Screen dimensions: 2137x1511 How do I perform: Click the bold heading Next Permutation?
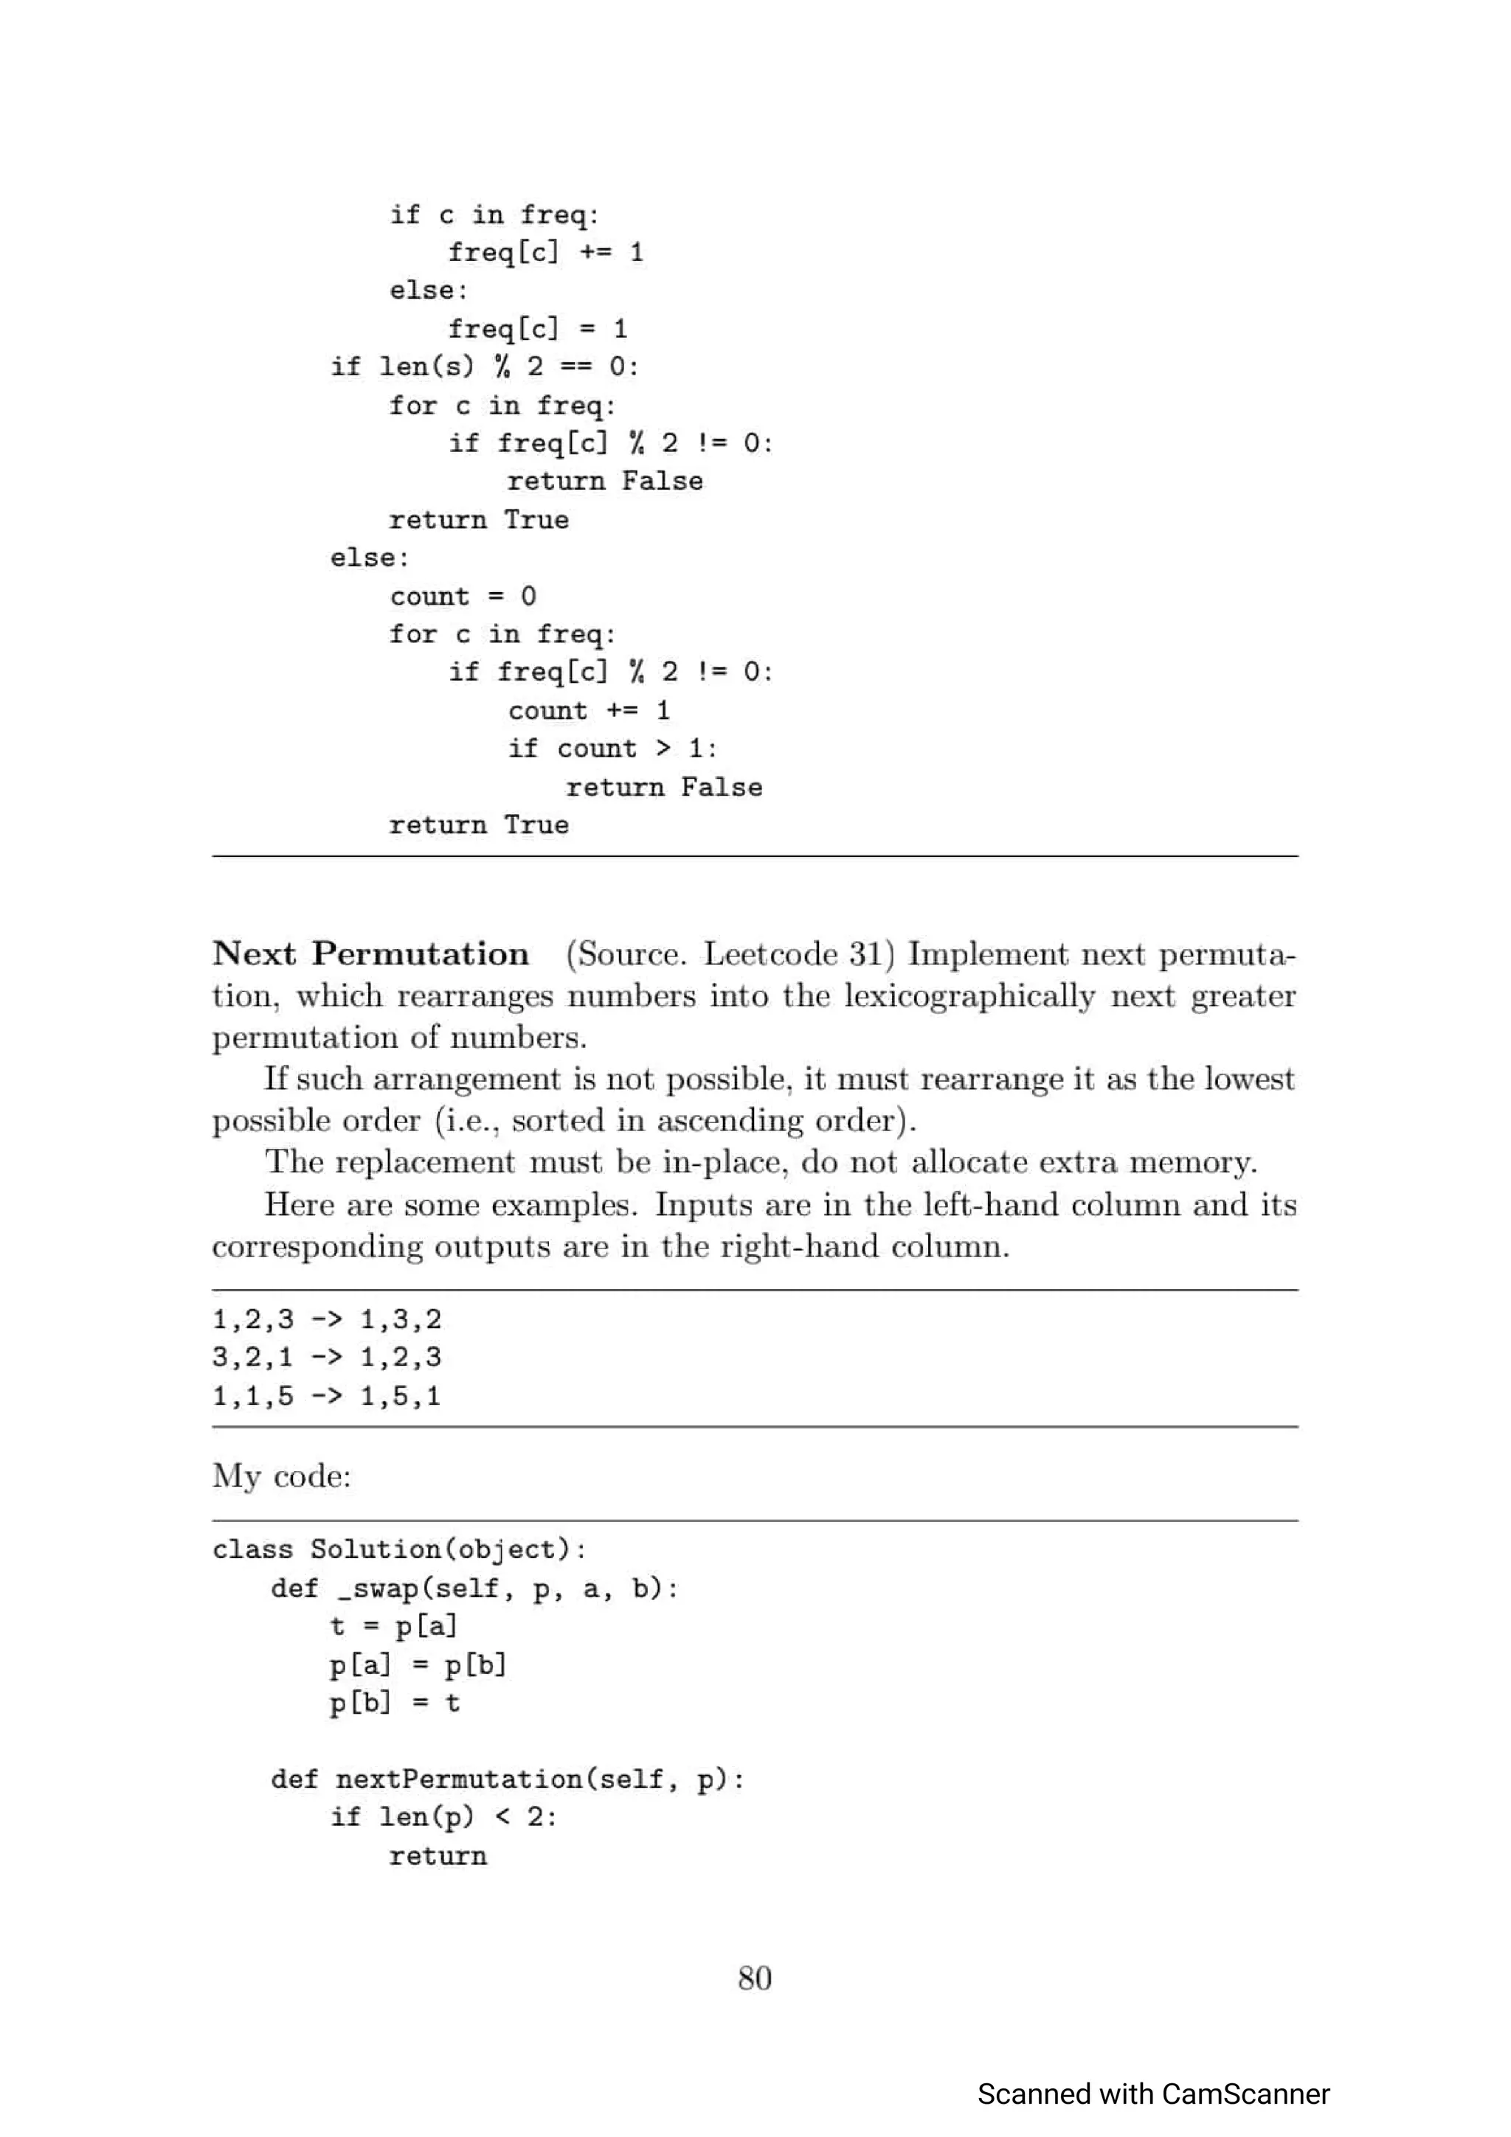[x=370, y=954]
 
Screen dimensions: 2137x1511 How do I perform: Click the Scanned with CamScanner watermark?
[x=1152, y=2093]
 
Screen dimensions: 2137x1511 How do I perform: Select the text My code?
[x=281, y=1476]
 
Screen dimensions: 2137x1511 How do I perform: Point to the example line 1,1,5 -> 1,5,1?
[x=326, y=1396]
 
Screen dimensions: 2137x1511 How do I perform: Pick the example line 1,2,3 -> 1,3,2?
[x=326, y=1319]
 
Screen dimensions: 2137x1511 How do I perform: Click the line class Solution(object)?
[x=399, y=1550]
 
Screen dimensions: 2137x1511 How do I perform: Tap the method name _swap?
[x=381, y=1589]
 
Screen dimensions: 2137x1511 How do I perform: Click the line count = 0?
[x=463, y=596]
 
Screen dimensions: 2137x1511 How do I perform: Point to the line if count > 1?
[x=612, y=748]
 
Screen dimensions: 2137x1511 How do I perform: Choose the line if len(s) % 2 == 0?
[x=484, y=366]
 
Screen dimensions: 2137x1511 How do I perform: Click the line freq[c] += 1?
[x=545, y=252]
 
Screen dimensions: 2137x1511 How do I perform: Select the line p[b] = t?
[x=395, y=1703]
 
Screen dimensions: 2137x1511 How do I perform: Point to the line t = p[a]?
[x=393, y=1627]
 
